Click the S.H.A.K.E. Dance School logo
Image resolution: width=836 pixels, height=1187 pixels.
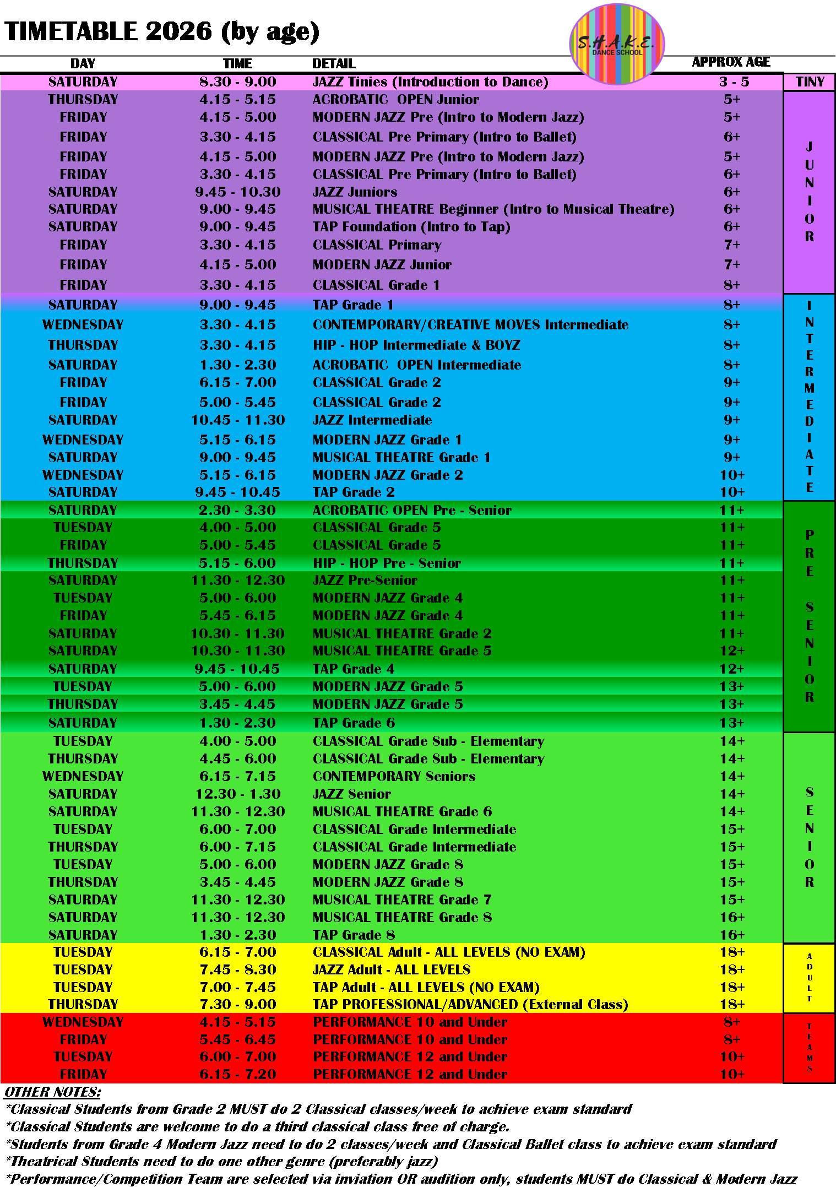616,44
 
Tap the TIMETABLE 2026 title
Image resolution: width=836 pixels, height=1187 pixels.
162,31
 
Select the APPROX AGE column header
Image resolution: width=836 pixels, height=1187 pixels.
731,62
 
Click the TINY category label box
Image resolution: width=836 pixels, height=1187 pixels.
810,82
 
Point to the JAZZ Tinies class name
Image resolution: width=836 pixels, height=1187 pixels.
430,82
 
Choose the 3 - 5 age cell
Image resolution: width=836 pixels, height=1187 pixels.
734,82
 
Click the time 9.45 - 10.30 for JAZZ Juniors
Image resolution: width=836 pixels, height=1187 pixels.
238,192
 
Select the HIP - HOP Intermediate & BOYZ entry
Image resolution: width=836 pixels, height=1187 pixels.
416,345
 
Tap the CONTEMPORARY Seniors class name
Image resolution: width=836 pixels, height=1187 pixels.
394,777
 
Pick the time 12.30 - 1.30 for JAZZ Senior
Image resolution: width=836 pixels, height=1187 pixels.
238,794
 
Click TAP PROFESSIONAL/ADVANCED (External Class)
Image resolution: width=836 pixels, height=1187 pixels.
470,1005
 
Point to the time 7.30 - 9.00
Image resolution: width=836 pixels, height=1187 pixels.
238,1005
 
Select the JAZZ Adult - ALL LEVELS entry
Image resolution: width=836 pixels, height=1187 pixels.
392,970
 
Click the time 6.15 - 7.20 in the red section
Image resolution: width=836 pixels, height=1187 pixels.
238,1075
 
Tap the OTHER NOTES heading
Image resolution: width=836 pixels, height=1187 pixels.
53,1092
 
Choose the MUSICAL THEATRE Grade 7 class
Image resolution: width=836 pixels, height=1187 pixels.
402,900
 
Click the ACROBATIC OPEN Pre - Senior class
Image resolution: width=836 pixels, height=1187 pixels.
412,511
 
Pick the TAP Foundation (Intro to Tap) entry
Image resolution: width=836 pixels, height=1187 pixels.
411,227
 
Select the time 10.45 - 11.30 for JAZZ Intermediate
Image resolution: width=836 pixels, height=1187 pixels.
238,420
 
